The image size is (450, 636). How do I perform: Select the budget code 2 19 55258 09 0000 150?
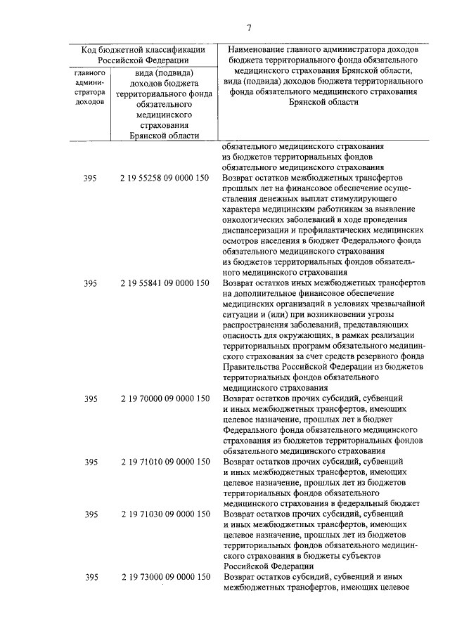[x=165, y=179]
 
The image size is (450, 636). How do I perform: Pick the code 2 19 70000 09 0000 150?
[x=165, y=398]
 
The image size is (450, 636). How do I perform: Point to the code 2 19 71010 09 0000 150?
[x=165, y=462]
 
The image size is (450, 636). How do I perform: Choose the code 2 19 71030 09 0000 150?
[x=165, y=514]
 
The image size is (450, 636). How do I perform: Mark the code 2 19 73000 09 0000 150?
[x=165, y=577]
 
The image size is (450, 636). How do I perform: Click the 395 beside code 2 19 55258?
[x=90, y=179]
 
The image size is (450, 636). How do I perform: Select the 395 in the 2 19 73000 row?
[x=90, y=577]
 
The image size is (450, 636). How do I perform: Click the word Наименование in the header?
[x=261, y=50]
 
